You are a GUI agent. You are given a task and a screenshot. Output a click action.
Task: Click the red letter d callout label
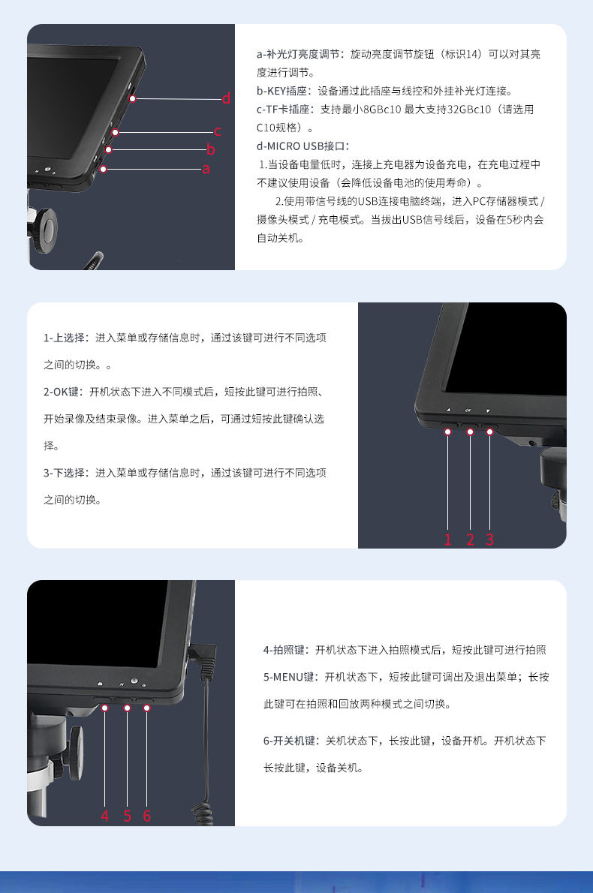click(x=226, y=98)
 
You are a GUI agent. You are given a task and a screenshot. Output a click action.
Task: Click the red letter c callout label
click(x=218, y=131)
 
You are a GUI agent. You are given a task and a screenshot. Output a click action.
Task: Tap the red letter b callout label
click(x=211, y=149)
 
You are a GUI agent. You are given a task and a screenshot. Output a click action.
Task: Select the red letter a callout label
click(x=206, y=169)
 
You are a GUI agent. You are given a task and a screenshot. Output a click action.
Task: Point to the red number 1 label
click(x=447, y=540)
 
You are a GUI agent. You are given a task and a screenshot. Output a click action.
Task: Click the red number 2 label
click(x=470, y=540)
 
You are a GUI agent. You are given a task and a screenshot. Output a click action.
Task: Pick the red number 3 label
click(x=490, y=540)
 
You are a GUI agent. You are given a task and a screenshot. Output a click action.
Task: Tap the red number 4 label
click(x=105, y=816)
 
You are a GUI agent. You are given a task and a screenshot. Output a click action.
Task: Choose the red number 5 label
click(x=127, y=816)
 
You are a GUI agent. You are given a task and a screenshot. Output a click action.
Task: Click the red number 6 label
click(x=147, y=816)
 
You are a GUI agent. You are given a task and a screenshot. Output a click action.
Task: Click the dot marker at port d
click(x=132, y=98)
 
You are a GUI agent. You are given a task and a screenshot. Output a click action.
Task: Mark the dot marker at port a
click(x=103, y=169)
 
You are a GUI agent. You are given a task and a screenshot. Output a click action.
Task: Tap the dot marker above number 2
click(x=470, y=431)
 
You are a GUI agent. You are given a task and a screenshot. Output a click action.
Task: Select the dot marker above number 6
click(x=146, y=708)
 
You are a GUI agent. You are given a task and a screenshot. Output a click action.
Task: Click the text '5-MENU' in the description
click(x=283, y=677)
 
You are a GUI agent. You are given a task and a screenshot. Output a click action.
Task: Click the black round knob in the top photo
click(x=44, y=229)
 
